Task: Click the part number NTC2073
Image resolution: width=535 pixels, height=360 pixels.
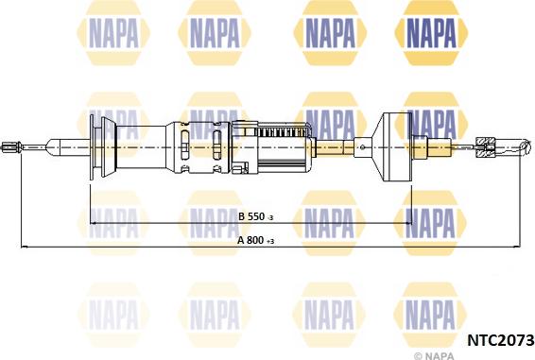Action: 499,337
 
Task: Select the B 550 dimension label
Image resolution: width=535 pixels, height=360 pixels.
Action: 250,217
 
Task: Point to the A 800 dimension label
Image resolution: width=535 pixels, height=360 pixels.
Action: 250,241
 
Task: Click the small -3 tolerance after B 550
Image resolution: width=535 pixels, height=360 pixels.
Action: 269,219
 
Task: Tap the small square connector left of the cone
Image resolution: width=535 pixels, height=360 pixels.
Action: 363,146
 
